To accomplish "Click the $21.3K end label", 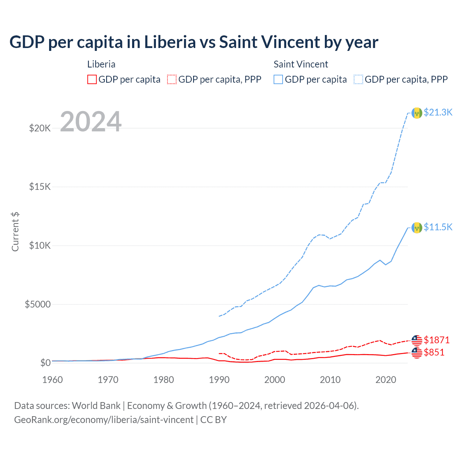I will tap(438, 113).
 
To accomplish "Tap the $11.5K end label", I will tap(438, 227).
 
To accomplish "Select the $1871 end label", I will tap(436, 340).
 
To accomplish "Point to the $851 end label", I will tap(434, 352).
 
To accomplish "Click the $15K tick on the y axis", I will tap(40, 187).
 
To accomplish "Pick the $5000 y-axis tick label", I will tap(38, 304).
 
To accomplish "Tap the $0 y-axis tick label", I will tap(45, 363).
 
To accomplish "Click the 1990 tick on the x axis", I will tap(219, 380).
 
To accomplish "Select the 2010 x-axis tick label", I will tap(330, 380).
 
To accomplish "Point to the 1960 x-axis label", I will tap(53, 380).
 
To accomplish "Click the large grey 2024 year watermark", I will tap(91, 122).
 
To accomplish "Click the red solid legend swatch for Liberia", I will tap(92, 79).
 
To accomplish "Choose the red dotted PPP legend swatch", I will tap(172, 79).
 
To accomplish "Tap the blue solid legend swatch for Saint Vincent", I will tap(278, 79).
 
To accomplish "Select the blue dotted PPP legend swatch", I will tap(358, 79).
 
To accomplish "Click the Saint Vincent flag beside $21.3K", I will tap(417, 113).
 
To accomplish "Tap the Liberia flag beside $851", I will tap(417, 353).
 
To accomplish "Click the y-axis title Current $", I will tap(15, 232).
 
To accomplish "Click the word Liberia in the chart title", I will tap(170, 42).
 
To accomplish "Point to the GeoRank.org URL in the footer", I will tap(104, 420).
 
